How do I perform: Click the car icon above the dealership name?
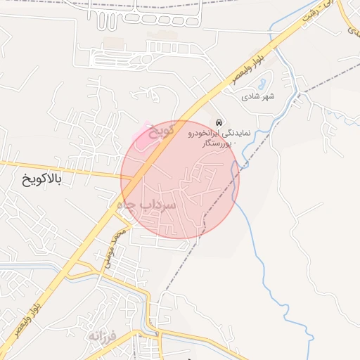219,122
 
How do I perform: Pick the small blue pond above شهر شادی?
261,82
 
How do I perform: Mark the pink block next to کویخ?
147,136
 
